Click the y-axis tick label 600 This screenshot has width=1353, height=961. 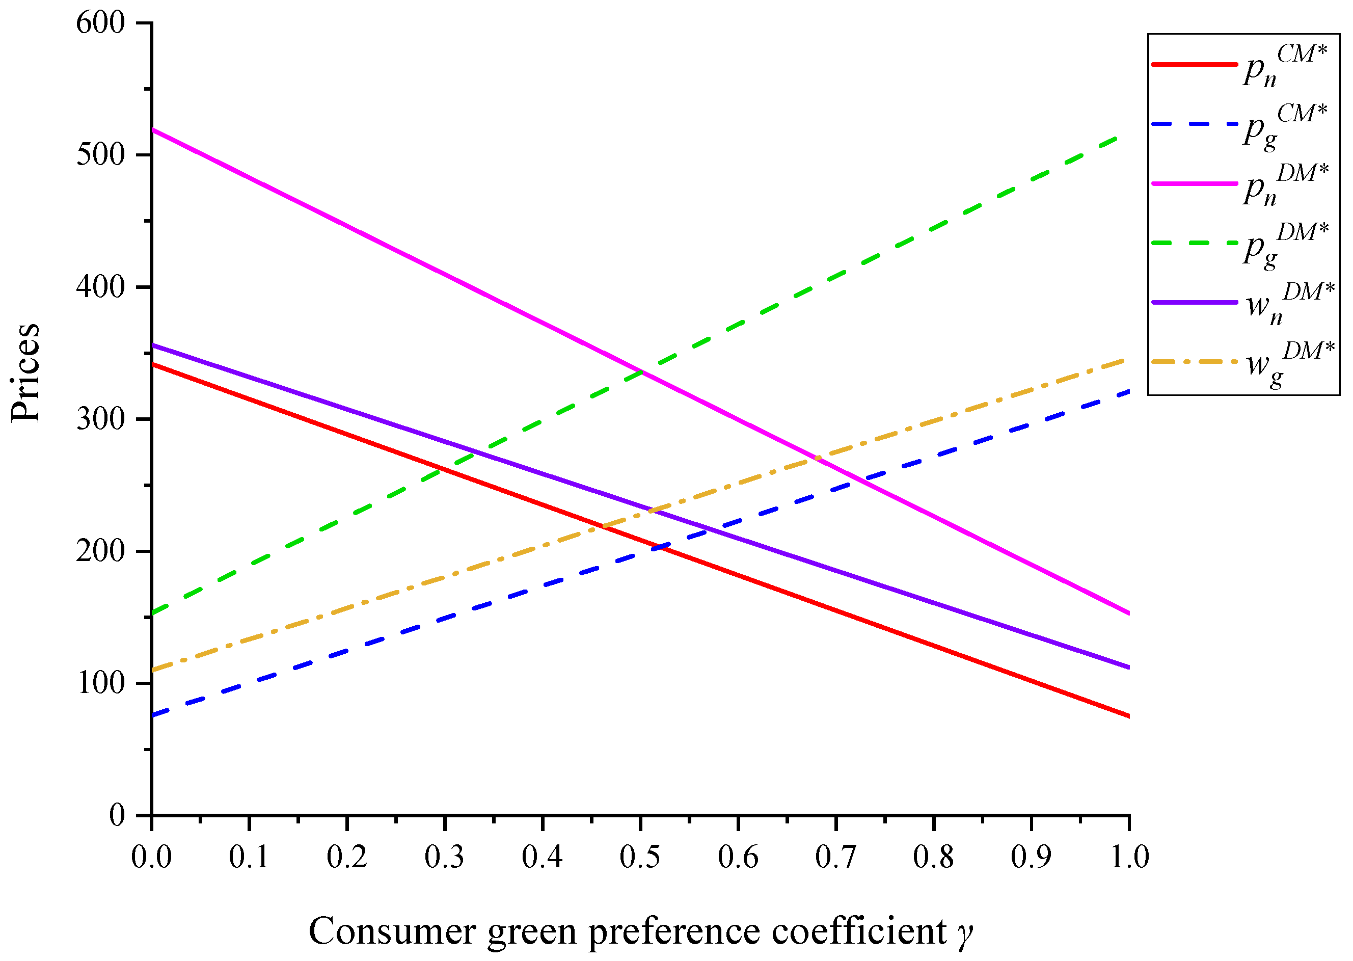[100, 23]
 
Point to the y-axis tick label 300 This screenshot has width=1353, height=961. [100, 419]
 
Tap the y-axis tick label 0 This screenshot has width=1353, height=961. [117, 815]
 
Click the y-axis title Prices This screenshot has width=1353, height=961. [26, 373]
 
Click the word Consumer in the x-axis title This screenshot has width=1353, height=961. [392, 931]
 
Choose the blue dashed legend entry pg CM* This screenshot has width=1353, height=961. [1236, 124]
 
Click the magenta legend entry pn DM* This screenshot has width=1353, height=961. [1236, 184]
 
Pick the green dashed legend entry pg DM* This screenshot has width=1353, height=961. [1236, 243]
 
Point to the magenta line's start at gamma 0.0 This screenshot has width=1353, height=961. [153, 129]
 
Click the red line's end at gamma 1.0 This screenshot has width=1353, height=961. [1129, 716]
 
